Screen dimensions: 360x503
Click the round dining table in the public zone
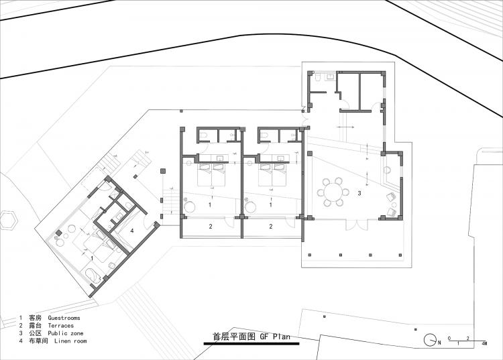tap(333, 192)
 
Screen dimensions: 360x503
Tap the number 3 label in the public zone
tap(359, 193)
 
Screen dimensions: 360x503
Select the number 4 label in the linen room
tap(132, 231)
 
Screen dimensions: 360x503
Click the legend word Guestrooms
tap(64, 317)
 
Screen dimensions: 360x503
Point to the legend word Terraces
tap(60, 325)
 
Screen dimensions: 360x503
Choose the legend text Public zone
tap(66, 333)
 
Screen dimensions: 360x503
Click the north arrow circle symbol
tap(429, 341)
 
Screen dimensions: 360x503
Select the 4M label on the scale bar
tap(484, 343)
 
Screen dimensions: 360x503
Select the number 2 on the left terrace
tap(210, 227)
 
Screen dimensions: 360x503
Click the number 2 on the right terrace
tap(271, 227)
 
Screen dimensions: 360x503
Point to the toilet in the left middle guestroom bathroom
tap(205, 135)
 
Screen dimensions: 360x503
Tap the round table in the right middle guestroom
tap(251, 206)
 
